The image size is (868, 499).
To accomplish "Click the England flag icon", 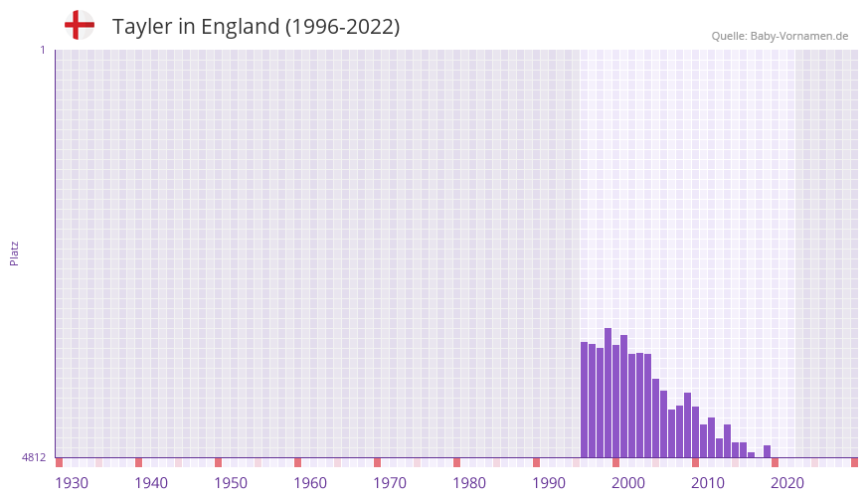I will click(80, 25).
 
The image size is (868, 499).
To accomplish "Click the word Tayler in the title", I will click(143, 27).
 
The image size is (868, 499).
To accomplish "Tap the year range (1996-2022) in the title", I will click(343, 27).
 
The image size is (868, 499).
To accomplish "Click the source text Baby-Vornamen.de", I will click(799, 36).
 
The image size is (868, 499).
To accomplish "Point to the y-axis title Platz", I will click(14, 252).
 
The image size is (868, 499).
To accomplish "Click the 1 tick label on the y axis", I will click(42, 50).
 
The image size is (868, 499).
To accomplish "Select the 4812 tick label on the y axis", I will click(34, 457).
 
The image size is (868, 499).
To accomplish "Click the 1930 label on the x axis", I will click(72, 483).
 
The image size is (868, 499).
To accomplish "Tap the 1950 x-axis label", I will click(231, 483).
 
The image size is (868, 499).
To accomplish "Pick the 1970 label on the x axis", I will click(390, 483).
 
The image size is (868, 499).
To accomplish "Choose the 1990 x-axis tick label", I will click(549, 483).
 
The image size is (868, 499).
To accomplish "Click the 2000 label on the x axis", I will click(628, 483).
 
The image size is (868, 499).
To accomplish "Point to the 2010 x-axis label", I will click(708, 483).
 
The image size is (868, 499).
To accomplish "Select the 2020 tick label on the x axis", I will click(787, 483).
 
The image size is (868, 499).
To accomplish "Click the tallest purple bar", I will click(608, 393).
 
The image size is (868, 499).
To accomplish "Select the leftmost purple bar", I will click(584, 400).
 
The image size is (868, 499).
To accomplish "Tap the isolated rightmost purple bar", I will click(767, 451).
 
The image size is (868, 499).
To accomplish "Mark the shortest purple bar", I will click(751, 455).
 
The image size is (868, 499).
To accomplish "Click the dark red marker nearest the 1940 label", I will click(138, 462).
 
